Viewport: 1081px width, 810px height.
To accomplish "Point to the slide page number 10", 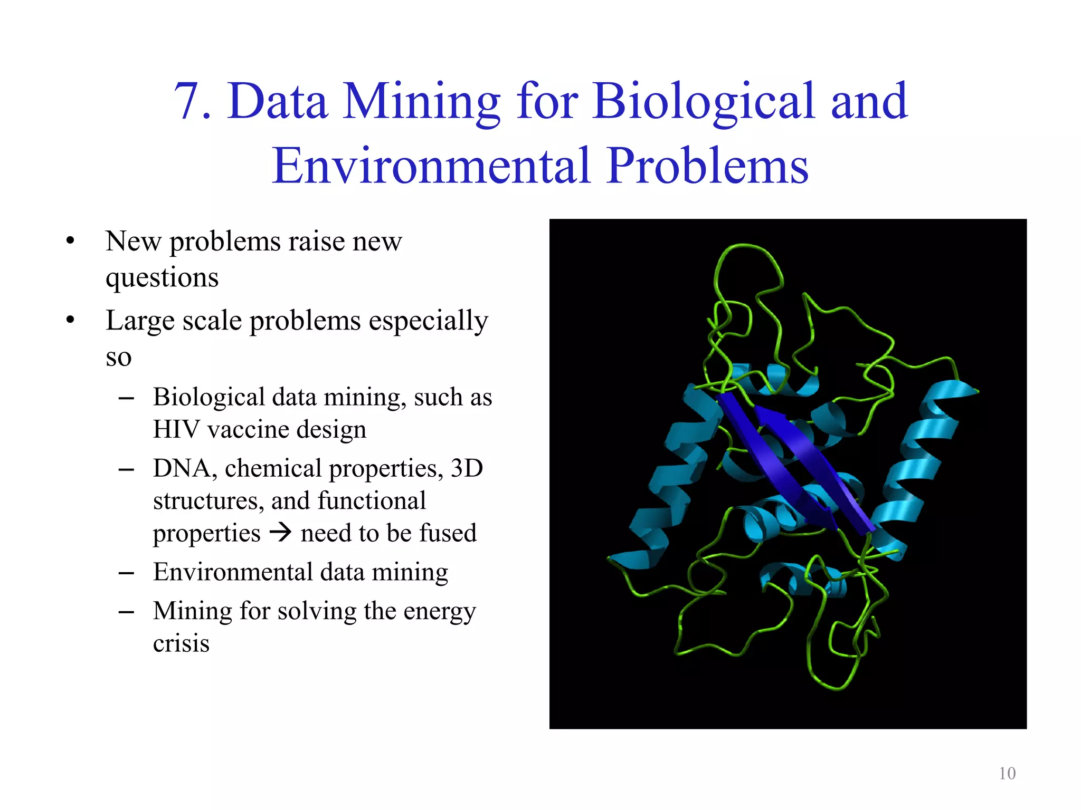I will click(x=1007, y=773).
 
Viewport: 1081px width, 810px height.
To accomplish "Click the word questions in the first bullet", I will click(x=162, y=278).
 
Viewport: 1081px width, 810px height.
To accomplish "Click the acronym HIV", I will click(x=176, y=429).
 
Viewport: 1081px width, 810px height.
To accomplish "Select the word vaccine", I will click(x=247, y=429).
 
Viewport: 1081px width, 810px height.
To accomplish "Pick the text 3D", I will click(x=467, y=468).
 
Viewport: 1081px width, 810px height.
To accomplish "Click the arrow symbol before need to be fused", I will click(x=280, y=532).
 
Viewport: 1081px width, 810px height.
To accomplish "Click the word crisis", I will click(x=181, y=643).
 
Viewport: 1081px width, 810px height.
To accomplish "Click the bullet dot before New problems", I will click(x=70, y=242).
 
